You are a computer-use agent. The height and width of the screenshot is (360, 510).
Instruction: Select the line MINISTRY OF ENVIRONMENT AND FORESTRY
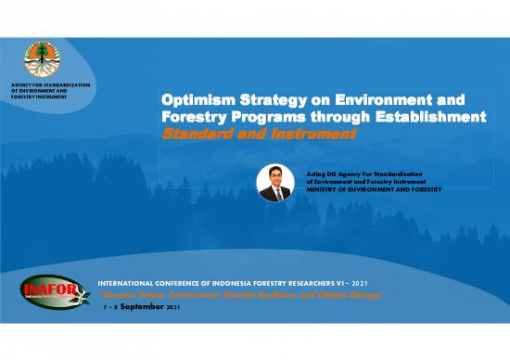(x=373, y=189)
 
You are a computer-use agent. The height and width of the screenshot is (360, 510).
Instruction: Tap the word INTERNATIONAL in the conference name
(x=128, y=279)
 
